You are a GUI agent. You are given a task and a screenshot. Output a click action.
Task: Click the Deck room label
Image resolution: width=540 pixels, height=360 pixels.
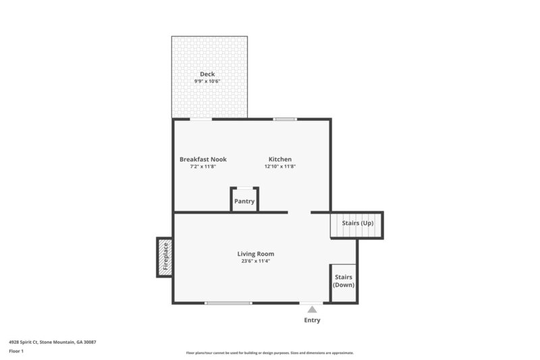click(207, 74)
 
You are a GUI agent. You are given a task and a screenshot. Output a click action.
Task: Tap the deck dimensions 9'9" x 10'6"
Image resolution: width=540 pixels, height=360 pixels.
click(207, 81)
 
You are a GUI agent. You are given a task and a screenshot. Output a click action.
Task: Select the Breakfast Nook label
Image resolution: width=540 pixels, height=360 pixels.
click(202, 159)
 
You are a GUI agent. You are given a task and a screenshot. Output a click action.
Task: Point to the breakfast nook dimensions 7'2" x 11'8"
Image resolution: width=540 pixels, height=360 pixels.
click(202, 167)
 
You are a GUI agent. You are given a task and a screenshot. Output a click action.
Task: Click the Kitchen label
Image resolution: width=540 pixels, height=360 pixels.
click(280, 159)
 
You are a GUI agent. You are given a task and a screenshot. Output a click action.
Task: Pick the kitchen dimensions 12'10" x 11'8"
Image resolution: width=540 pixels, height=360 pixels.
click(280, 167)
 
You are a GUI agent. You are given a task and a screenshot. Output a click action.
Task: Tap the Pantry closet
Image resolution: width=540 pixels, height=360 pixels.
click(244, 201)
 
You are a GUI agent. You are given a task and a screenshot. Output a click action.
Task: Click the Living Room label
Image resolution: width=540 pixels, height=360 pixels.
click(256, 254)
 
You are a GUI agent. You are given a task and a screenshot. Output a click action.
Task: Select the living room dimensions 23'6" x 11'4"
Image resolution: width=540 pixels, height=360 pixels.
click(256, 261)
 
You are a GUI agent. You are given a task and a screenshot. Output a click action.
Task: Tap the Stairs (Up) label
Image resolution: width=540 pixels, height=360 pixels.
click(357, 223)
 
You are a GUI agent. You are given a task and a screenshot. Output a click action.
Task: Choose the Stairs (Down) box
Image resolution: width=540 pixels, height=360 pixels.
click(343, 282)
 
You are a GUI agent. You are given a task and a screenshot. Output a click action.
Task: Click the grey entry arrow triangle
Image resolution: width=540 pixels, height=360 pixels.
click(312, 309)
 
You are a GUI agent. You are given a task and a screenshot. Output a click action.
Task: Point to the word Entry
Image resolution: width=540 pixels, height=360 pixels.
click(312, 320)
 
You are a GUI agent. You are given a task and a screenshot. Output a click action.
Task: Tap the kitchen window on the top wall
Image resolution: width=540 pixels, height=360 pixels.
click(285, 120)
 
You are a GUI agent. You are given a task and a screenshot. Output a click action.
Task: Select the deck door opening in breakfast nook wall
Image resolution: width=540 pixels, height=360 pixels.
click(200, 120)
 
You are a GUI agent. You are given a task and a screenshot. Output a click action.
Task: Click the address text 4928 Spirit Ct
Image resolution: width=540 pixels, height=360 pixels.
click(53, 342)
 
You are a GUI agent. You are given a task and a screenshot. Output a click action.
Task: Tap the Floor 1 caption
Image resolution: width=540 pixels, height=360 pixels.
click(17, 351)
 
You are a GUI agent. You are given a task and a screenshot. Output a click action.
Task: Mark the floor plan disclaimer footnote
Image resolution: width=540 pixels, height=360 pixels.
click(269, 353)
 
